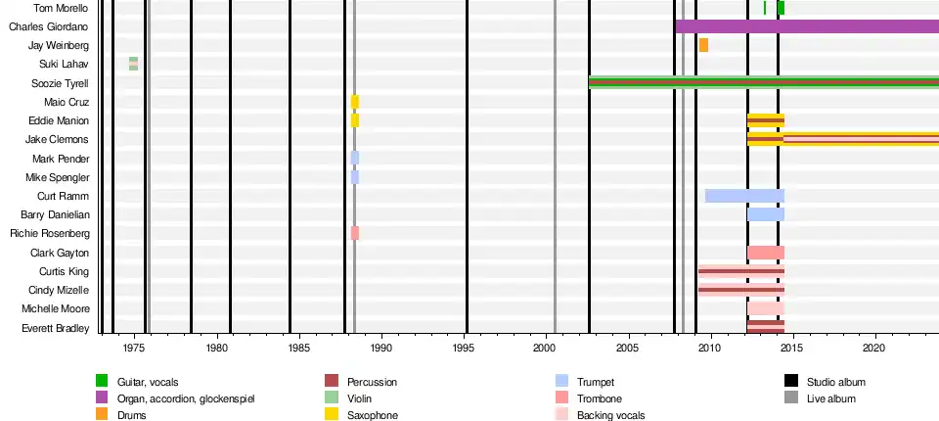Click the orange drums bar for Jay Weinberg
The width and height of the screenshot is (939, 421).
[x=703, y=45]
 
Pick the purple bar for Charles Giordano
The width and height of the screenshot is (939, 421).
[x=807, y=26]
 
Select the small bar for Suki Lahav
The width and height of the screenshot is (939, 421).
[x=133, y=64]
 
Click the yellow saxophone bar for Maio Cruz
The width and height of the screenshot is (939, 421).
[x=355, y=102]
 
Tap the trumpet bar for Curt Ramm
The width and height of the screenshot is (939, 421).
[x=744, y=196]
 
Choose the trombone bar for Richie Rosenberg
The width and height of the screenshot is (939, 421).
[x=355, y=233]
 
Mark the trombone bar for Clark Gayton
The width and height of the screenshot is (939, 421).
[x=766, y=253]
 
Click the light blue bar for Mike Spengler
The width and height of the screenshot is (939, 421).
[x=355, y=177]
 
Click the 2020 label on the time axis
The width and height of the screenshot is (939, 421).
[x=874, y=348]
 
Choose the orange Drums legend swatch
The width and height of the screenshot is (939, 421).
[x=102, y=415]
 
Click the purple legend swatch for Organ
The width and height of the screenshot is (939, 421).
[x=102, y=398]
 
